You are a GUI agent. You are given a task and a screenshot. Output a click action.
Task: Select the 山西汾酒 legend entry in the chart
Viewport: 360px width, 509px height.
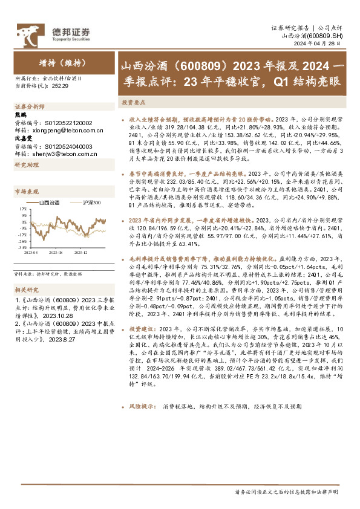49,203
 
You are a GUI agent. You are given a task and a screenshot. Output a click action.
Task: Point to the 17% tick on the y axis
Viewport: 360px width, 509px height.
22,210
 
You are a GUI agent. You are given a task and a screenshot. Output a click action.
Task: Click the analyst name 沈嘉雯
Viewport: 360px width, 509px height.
22,138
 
